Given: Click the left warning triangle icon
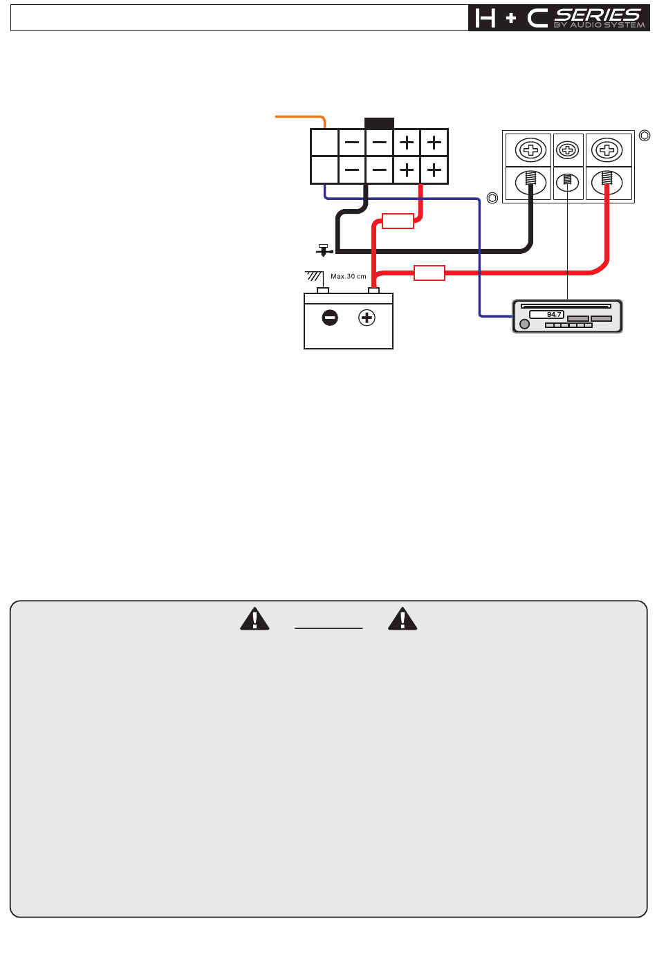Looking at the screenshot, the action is (255, 619).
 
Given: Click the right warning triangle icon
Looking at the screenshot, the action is (402, 619).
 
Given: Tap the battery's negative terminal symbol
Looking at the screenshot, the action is (330, 318).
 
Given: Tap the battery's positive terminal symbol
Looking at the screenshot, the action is (367, 318).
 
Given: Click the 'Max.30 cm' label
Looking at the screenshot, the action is (349, 276).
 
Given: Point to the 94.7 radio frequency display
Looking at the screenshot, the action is (547, 315).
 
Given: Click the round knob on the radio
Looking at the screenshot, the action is (524, 324).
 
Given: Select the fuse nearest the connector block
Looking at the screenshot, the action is (398, 221).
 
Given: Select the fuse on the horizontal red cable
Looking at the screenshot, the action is (429, 273).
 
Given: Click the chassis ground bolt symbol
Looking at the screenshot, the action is (323, 250).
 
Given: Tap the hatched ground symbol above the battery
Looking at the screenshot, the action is (314, 276).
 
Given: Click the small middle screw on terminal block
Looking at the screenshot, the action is (567, 149).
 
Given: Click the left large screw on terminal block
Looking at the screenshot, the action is (531, 149).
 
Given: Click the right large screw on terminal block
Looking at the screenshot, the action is (607, 149).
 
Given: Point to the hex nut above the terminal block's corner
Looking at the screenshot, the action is (644, 136).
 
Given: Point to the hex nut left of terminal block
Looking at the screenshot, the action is (492, 198).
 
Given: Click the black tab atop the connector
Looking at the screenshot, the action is (379, 123).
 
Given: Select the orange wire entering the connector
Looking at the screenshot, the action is (297, 117).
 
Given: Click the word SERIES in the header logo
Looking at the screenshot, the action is (598, 15).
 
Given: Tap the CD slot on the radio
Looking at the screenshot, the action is (566, 305).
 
